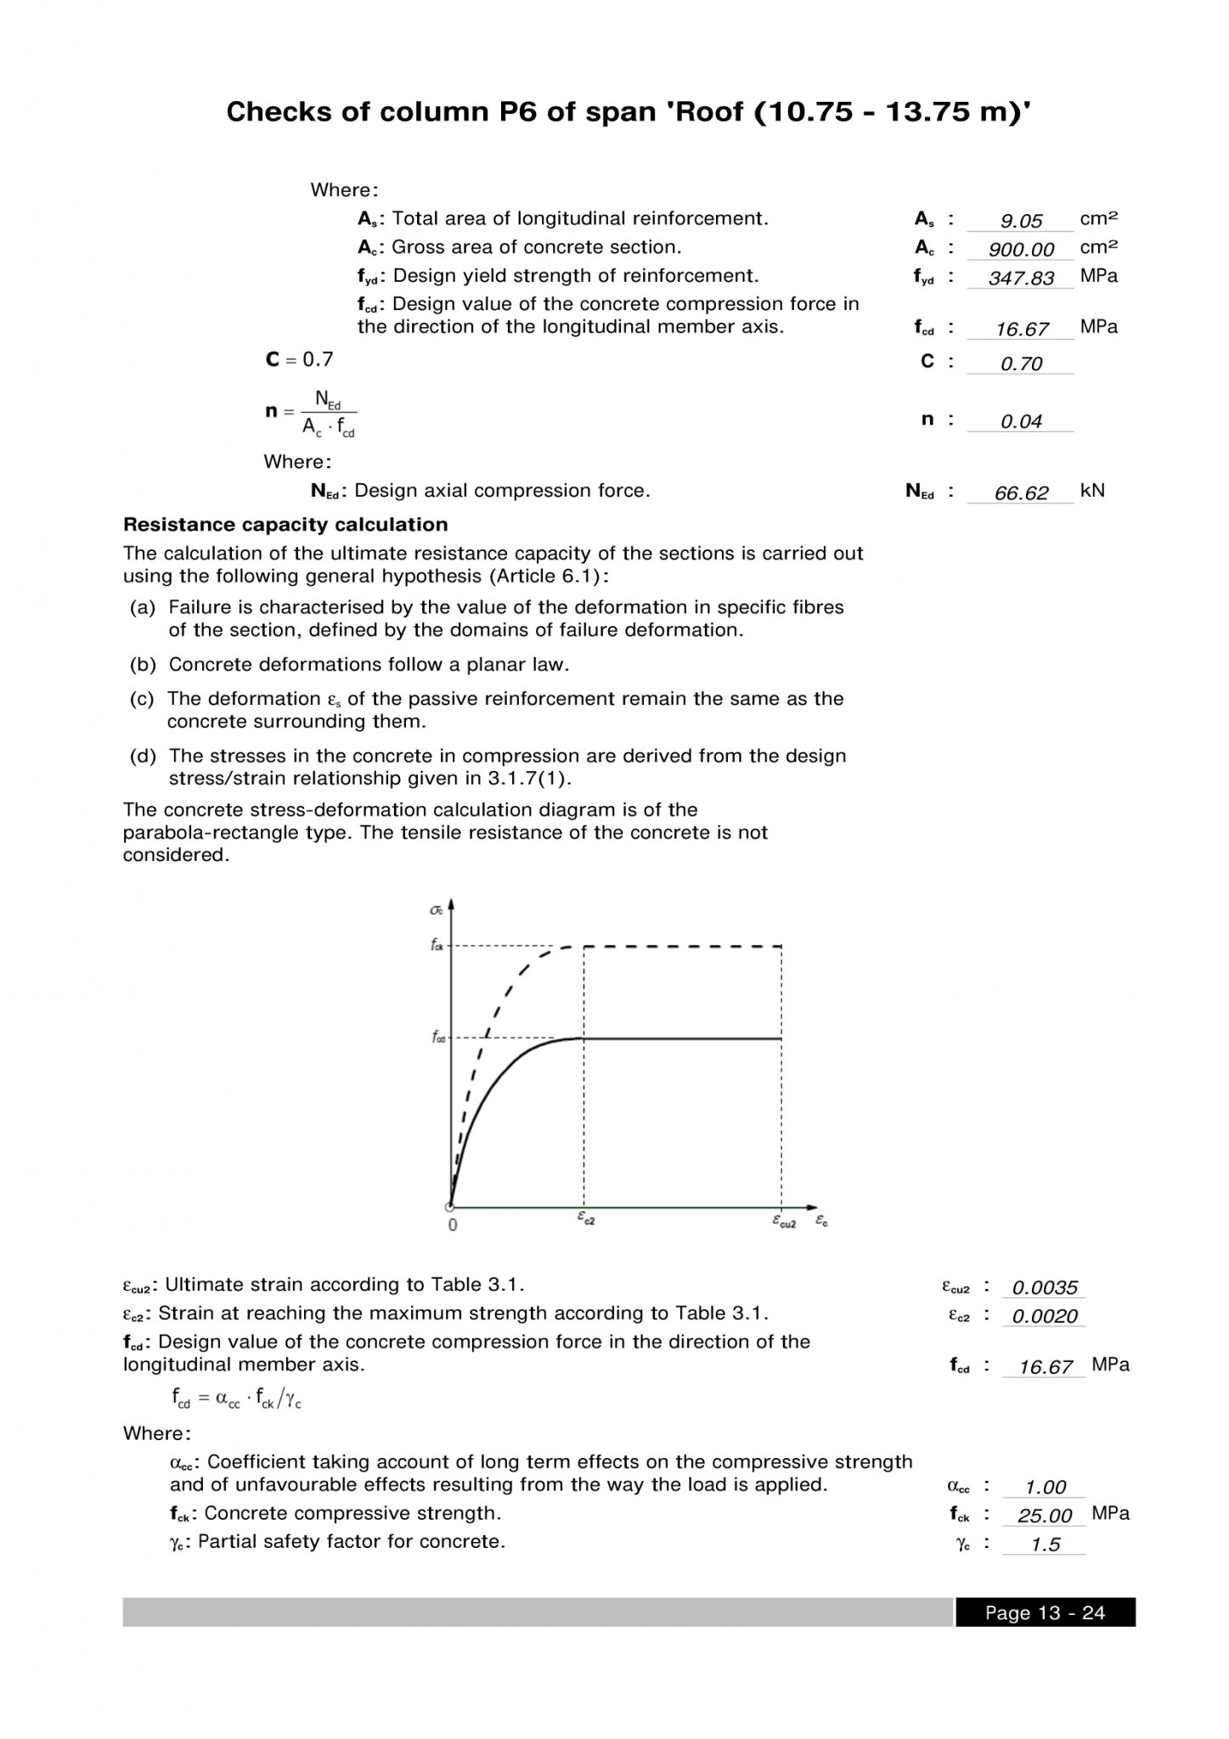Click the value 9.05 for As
coord(1020,221)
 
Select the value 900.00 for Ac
coord(1020,250)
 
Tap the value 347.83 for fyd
coord(1020,279)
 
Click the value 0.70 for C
coord(1020,363)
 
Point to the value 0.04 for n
coord(1020,421)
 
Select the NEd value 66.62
coord(1020,493)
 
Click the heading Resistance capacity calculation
coord(285,525)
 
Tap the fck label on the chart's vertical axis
coord(437,945)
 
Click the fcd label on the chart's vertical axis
coord(437,1038)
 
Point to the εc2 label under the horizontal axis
coord(585,1218)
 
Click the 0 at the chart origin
coord(453,1224)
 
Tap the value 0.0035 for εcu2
coord(1044,1287)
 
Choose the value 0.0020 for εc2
coord(1044,1316)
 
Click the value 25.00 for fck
coord(1044,1516)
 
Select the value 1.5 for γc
coord(1045,1545)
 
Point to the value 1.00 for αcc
coord(1045,1487)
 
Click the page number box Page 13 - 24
coord(1044,1612)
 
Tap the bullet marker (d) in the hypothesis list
coord(143,756)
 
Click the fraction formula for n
coord(329,413)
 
